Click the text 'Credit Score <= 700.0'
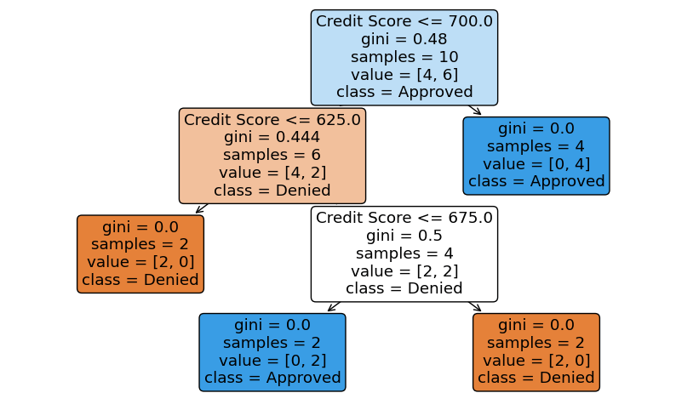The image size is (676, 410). [x=404, y=21]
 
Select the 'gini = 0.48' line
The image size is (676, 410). [x=404, y=39]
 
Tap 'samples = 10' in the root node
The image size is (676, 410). [x=404, y=57]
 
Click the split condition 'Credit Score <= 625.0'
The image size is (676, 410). [x=272, y=120]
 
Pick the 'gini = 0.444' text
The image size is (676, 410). [x=272, y=138]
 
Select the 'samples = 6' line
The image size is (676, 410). [x=272, y=156]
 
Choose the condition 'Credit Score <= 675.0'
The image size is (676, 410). [x=404, y=218]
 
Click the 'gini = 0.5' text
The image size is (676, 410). [x=404, y=236]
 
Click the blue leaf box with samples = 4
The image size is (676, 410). [x=536, y=156]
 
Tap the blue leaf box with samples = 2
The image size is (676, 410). [x=272, y=351]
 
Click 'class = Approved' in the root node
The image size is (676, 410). [x=404, y=92]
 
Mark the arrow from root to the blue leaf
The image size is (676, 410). [x=475, y=110]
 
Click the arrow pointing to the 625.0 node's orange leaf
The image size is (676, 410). [x=202, y=208]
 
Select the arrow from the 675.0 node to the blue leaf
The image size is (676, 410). [x=334, y=306]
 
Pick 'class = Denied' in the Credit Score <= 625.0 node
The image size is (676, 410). [x=272, y=191]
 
